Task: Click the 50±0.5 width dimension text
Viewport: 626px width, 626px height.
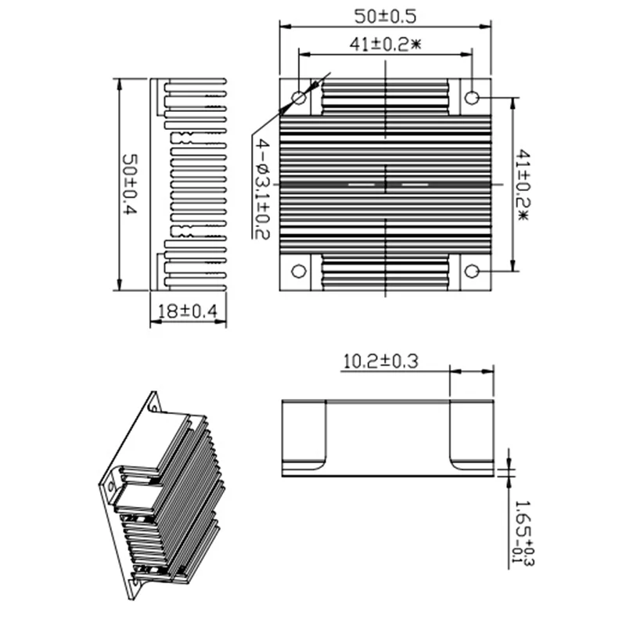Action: pyautogui.click(x=385, y=16)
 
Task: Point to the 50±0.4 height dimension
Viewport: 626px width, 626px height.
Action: pyautogui.click(x=130, y=185)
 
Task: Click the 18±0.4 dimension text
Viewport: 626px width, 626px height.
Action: pyautogui.click(x=188, y=312)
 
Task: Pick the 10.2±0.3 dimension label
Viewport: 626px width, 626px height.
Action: pyautogui.click(x=381, y=361)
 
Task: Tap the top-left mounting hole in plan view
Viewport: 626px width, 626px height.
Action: pyautogui.click(x=299, y=98)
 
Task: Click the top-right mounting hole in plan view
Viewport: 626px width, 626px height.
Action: pyautogui.click(x=472, y=98)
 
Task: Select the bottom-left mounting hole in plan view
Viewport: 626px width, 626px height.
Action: pyautogui.click(x=299, y=272)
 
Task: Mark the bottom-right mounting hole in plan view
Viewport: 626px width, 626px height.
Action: pyautogui.click(x=472, y=272)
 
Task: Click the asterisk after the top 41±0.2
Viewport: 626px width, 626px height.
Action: pyautogui.click(x=416, y=45)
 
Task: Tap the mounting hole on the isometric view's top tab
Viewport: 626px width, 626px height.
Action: pyautogui.click(x=153, y=405)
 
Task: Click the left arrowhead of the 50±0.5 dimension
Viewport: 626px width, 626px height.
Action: pyautogui.click(x=284, y=26)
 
